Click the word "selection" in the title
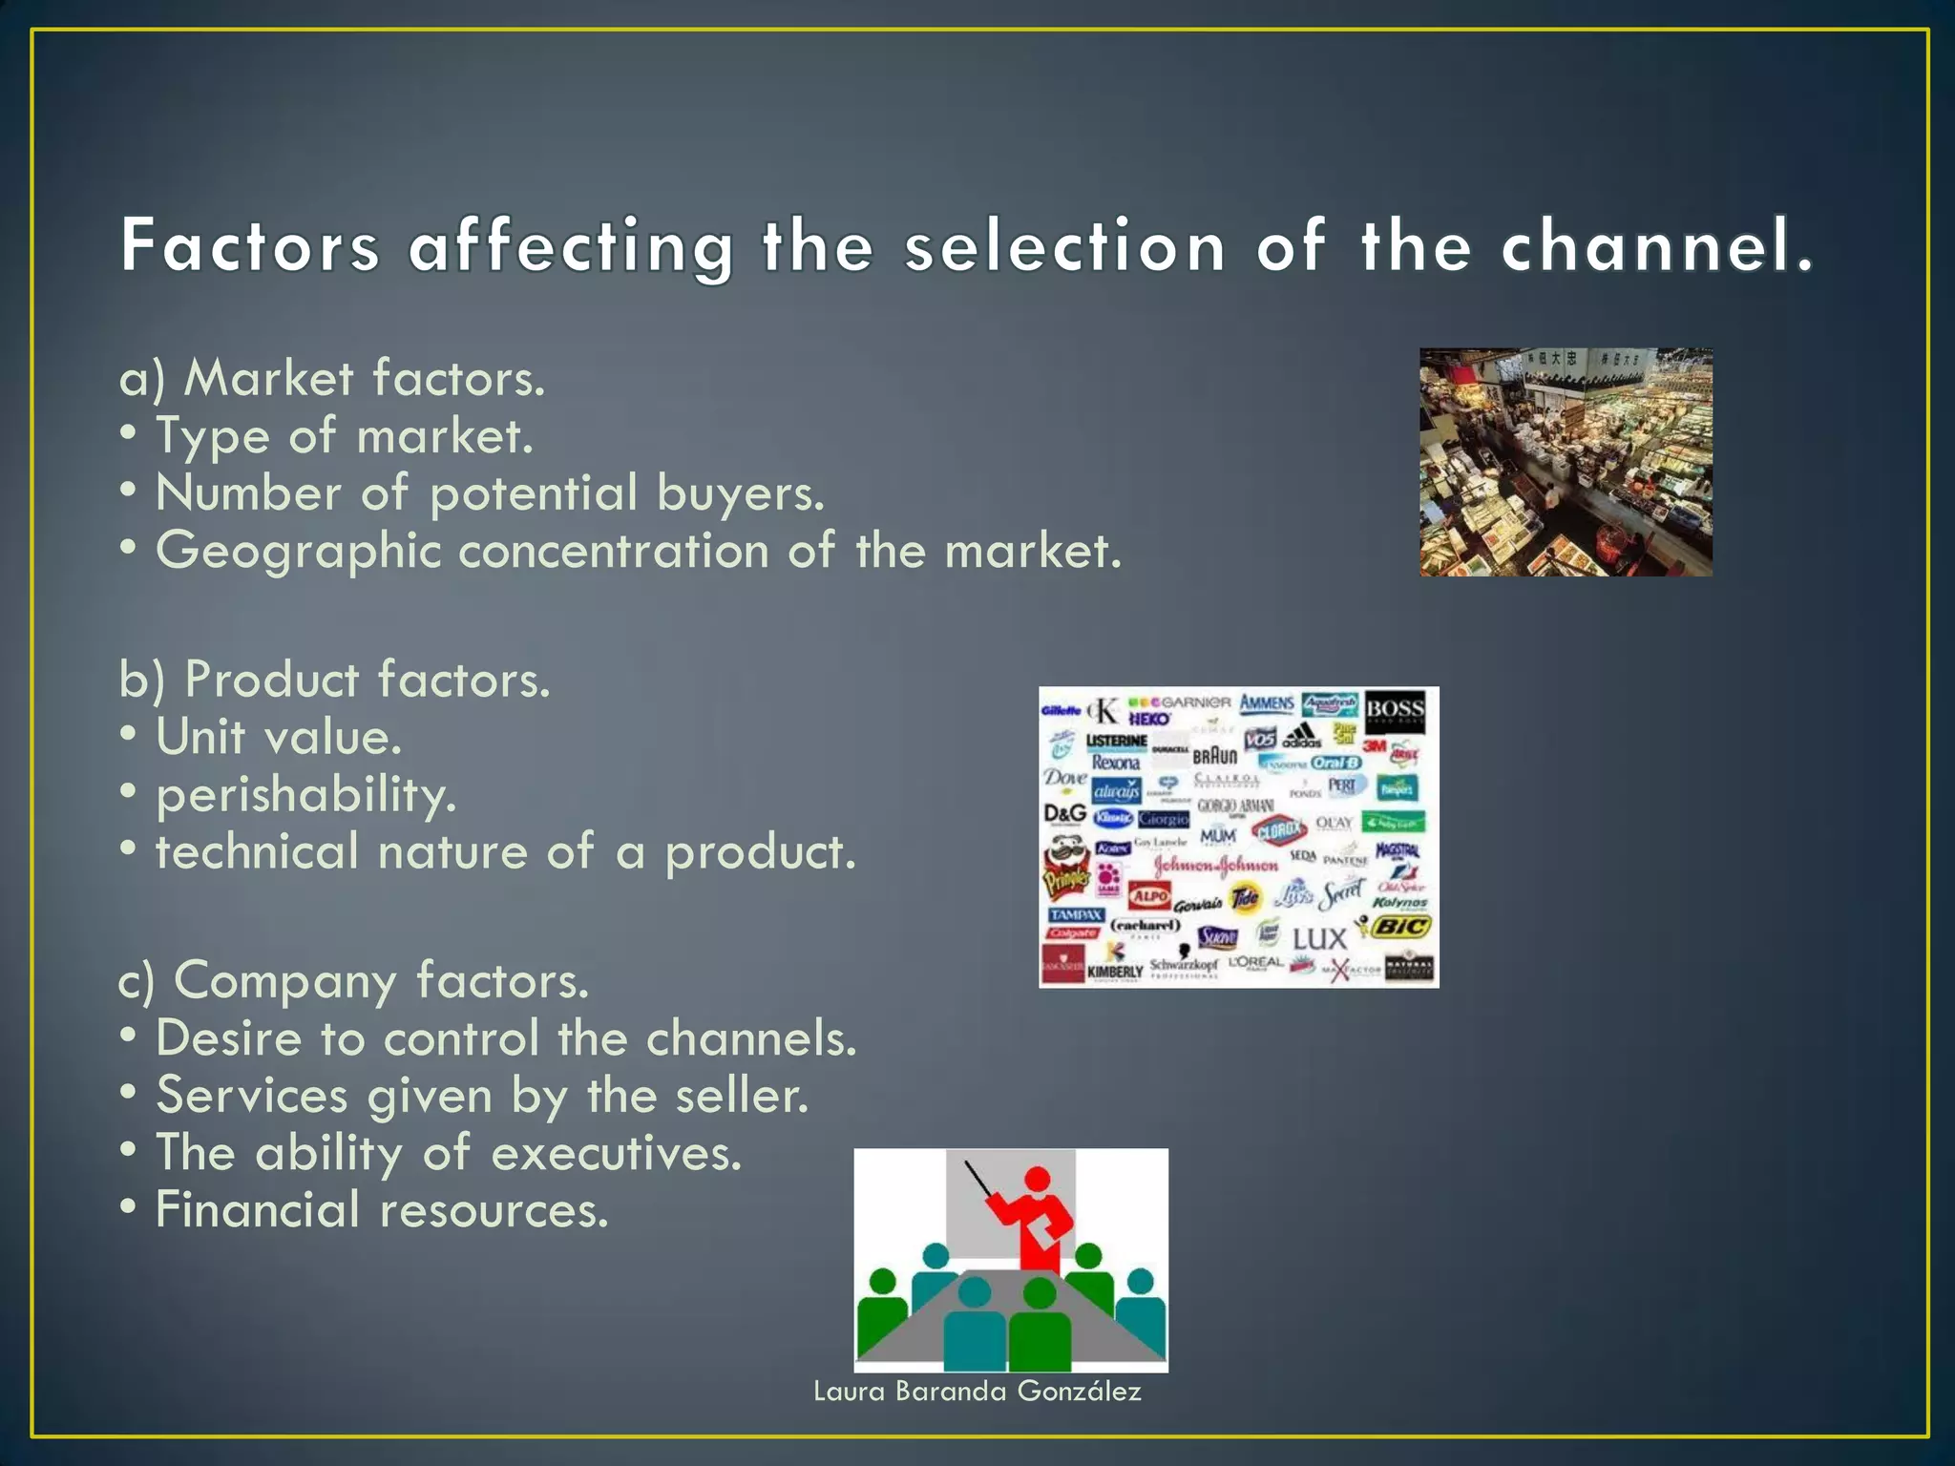pyautogui.click(x=1064, y=246)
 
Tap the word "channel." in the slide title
pyautogui.click(x=1656, y=246)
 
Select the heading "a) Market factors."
pyautogui.click(x=332, y=378)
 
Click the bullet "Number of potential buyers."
pyautogui.click(x=489, y=493)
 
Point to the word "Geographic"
pyautogui.click(x=299, y=552)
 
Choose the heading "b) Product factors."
pyautogui.click(x=335, y=680)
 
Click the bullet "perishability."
pyautogui.click(x=305, y=795)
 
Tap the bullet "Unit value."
pyautogui.click(x=278, y=737)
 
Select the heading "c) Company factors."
pyautogui.click(x=353, y=981)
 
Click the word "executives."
pyautogui.click(x=616, y=1153)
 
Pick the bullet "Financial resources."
pyautogui.click(x=382, y=1210)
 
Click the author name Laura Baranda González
pyautogui.click(x=977, y=1391)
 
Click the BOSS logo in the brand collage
pyautogui.click(x=1395, y=711)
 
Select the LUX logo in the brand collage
pyautogui.click(x=1319, y=939)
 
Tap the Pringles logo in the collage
pyautogui.click(x=1065, y=869)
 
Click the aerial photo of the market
pyautogui.click(x=1566, y=462)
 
